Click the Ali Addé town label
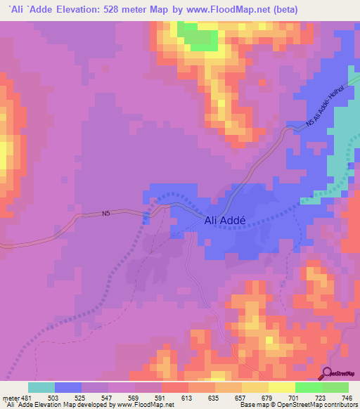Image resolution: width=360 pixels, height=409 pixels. [224, 220]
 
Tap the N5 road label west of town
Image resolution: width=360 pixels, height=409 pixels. [107, 214]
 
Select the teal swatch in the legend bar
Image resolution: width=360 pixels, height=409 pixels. [41, 387]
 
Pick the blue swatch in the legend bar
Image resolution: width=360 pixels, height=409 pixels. [68, 387]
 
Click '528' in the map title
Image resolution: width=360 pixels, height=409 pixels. [129, 10]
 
